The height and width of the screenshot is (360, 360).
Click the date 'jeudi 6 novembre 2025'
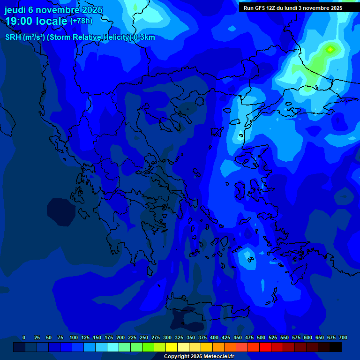pyautogui.click(x=53, y=10)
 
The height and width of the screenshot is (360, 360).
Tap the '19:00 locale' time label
pyautogui.click(x=36, y=21)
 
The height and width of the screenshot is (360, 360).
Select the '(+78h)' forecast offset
pyautogui.click(x=81, y=21)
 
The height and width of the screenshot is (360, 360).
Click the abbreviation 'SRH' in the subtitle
pyautogui.click(x=13, y=37)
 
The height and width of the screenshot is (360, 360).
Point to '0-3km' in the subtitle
pyautogui.click(x=144, y=37)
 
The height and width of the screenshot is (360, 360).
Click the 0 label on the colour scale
pyautogui.click(x=24, y=337)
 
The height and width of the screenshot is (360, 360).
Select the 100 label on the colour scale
pyautogui.click(x=74, y=337)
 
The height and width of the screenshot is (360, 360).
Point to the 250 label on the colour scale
pyautogui.click(x=144, y=337)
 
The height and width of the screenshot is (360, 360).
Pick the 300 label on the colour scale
pyautogui.click(x=167, y=337)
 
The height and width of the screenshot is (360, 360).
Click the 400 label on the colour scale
pyautogui.click(x=214, y=337)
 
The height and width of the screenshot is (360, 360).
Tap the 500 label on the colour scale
pyautogui.click(x=261, y=337)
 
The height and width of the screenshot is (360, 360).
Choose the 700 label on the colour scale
pyautogui.click(x=343, y=337)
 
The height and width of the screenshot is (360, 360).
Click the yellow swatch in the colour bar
pyautogui.click(x=172, y=347)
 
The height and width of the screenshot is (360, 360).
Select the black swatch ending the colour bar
pyautogui.click(x=336, y=347)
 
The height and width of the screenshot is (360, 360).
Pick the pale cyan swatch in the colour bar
pyautogui.click(x=113, y=347)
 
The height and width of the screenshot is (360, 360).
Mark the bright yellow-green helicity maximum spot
pyautogui.click(x=330, y=49)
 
